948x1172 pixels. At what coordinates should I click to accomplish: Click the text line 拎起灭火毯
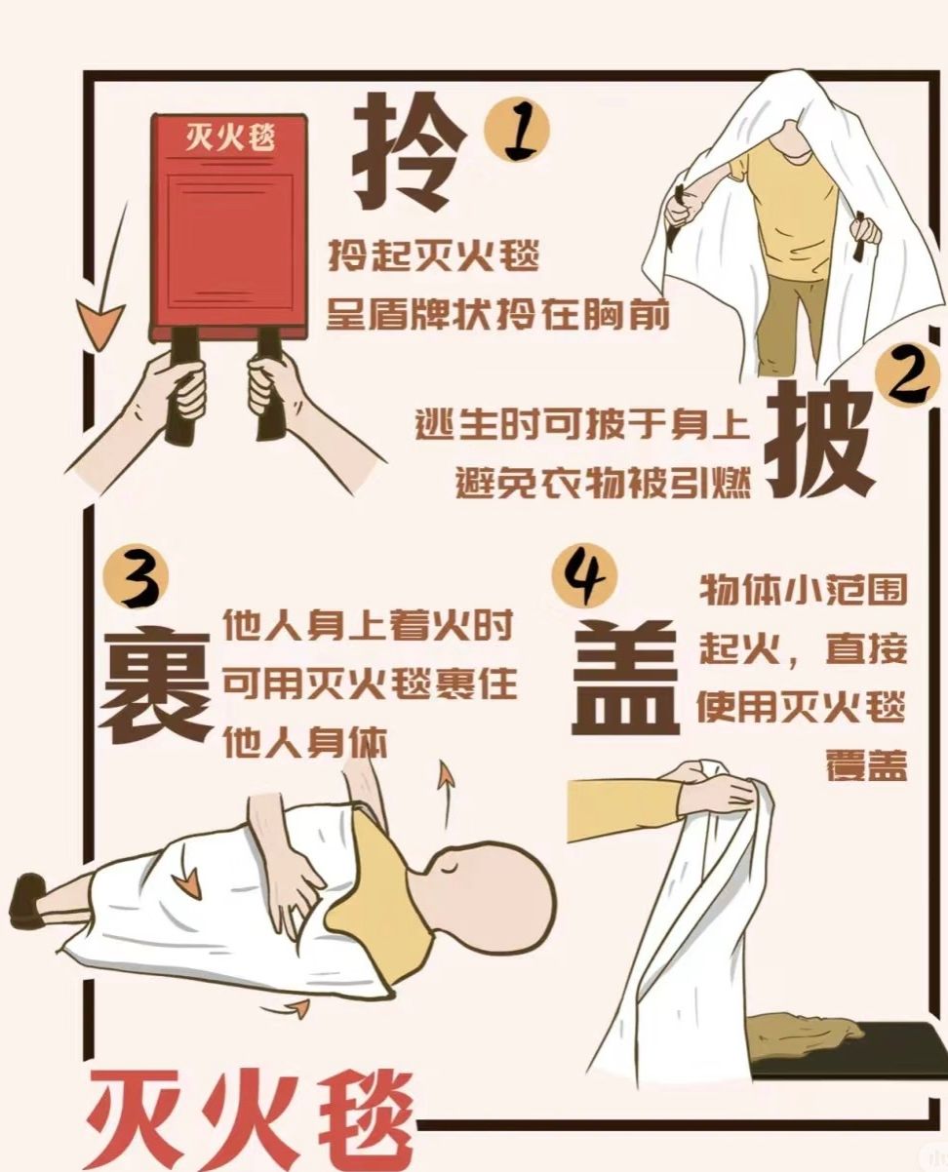pyautogui.click(x=433, y=255)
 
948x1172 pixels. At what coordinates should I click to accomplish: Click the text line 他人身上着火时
pyautogui.click(x=368, y=625)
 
